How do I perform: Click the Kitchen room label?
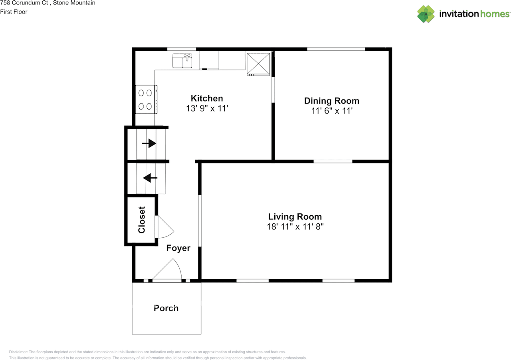point(206,98)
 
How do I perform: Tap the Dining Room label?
point(331,101)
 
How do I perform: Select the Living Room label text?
point(295,217)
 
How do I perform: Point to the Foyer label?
point(178,248)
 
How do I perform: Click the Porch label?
point(166,308)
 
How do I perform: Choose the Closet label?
point(142,220)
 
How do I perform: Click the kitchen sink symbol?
point(182,61)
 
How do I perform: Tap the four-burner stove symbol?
point(145,99)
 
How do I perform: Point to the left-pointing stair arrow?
point(150,178)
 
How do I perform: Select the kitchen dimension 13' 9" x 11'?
point(206,108)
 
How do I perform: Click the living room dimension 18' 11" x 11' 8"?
point(295,227)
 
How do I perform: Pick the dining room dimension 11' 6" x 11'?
point(331,111)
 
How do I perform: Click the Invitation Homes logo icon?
point(426,14)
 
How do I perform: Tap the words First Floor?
point(14,12)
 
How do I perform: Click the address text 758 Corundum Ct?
point(25,3)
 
